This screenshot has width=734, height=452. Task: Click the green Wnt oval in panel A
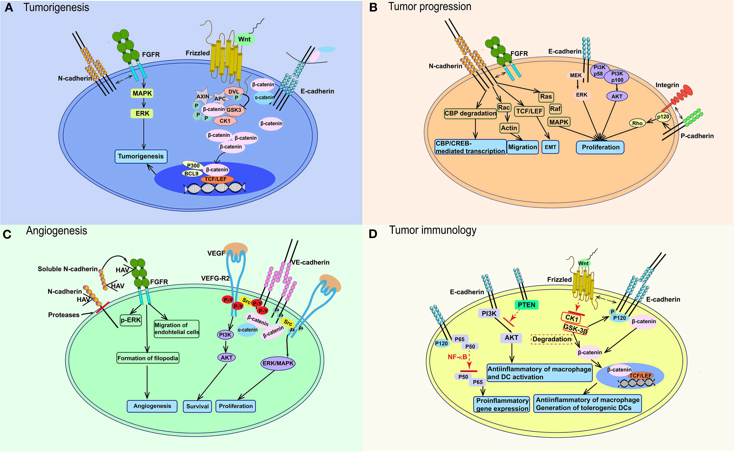tap(244, 39)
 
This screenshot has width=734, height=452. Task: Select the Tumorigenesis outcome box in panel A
tap(141, 156)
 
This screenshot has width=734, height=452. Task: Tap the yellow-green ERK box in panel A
tap(142, 114)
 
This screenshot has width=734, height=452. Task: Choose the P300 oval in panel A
tap(193, 166)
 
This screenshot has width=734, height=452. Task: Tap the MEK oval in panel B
tap(576, 75)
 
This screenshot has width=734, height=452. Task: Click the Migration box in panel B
tap(523, 147)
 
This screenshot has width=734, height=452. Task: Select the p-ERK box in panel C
tap(131, 320)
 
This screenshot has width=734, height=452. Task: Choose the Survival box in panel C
tap(197, 406)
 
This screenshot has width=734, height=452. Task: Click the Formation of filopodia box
tap(148, 358)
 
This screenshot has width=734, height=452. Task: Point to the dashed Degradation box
tap(552, 339)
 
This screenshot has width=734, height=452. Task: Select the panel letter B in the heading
tap(373, 8)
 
